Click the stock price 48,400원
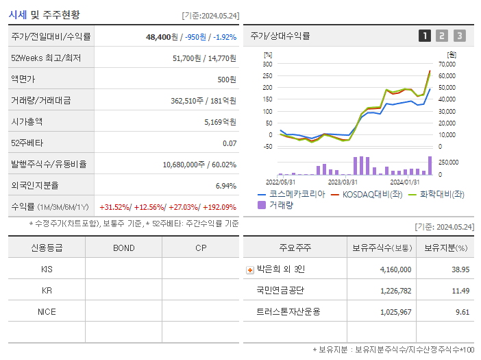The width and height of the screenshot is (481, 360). [162, 37]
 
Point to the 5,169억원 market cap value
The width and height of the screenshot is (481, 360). [220, 121]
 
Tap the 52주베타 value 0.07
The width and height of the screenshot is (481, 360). [230, 143]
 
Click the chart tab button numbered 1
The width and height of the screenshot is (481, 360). [425, 36]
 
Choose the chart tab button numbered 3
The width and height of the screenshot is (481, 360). [459, 36]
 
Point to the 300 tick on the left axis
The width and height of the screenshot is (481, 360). [267, 64]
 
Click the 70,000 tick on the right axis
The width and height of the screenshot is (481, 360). [446, 64]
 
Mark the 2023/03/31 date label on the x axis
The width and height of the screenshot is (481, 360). [343, 182]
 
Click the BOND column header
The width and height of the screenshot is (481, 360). [123, 248]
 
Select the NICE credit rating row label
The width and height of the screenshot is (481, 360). [47, 311]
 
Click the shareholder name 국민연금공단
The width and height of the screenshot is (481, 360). [280, 290]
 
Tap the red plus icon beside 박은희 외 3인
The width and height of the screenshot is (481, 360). [249, 270]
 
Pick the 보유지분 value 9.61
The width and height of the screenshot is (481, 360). [460, 311]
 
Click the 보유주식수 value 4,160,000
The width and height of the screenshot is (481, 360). [395, 269]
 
